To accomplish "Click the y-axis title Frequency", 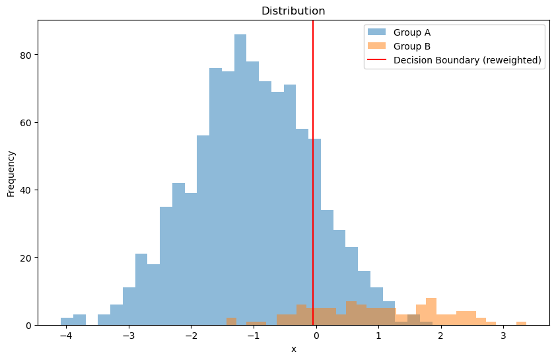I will (x=11, y=173).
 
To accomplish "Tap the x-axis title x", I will (x=294, y=349).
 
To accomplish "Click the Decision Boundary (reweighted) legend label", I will (x=467, y=60).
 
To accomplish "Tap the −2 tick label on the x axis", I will (x=191, y=336).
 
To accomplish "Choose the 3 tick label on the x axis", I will (x=503, y=336).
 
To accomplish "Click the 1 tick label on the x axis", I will (x=378, y=336).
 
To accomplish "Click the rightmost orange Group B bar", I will (x=521, y=323).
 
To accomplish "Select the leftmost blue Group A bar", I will (x=67, y=322).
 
